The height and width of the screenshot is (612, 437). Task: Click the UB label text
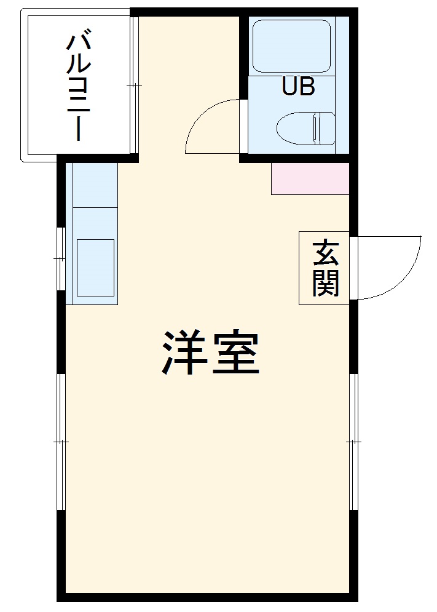click(298, 87)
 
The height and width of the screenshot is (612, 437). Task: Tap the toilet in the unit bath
click(305, 129)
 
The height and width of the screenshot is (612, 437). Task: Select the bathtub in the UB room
click(292, 46)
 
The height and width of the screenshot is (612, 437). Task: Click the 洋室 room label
click(210, 353)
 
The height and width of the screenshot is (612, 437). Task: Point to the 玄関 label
click(325, 268)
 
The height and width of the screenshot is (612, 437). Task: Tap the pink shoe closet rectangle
click(310, 179)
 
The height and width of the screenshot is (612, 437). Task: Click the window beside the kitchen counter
click(60, 259)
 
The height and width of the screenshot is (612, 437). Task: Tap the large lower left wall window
click(60, 442)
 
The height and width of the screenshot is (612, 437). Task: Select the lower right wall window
click(354, 442)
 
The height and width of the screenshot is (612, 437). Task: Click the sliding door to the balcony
click(135, 84)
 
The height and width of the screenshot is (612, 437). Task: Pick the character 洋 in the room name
click(183, 353)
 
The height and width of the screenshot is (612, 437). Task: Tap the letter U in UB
click(289, 87)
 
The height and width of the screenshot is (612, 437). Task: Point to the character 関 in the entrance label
click(325, 284)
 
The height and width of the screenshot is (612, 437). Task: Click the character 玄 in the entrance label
click(325, 252)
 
